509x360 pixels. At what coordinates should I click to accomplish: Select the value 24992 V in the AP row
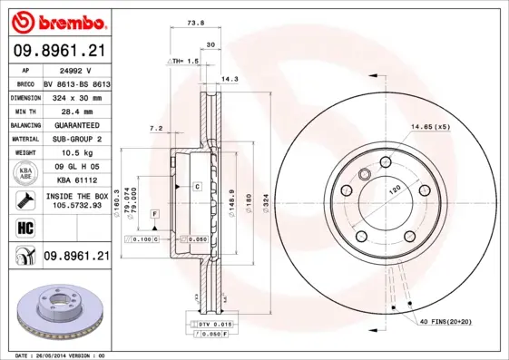(76, 69)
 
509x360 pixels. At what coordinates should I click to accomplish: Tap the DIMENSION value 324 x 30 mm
(76, 96)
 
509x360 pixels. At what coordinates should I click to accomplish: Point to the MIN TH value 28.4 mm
(76, 110)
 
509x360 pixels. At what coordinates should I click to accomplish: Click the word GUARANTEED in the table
(76, 124)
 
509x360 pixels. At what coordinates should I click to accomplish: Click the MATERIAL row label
(24, 139)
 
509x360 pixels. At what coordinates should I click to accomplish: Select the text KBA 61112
(76, 180)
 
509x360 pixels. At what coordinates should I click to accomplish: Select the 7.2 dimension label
(155, 129)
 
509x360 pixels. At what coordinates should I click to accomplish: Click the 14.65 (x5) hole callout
(430, 126)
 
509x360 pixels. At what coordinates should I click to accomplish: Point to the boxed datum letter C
(196, 186)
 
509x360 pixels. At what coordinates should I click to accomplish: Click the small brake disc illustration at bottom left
(60, 313)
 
